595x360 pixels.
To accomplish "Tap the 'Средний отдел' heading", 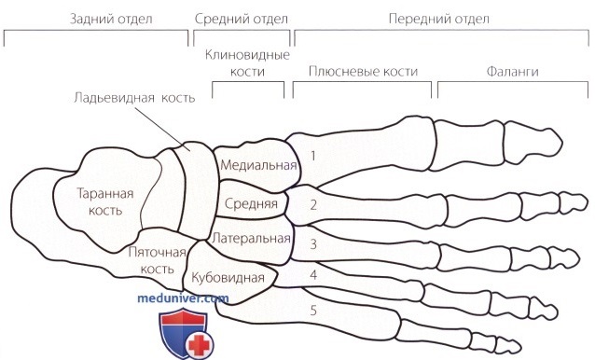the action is tap(242, 18).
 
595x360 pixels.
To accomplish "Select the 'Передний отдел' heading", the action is tap(438, 18).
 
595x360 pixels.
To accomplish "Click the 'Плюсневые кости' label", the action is tap(363, 71).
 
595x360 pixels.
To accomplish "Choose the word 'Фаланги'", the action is tap(512, 71).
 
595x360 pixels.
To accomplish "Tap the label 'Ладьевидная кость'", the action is tap(136, 98).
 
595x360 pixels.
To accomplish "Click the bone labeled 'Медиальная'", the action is tap(258, 166).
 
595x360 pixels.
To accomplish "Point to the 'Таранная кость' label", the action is tap(103, 203).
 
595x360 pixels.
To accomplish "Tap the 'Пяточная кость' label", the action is tap(150, 260).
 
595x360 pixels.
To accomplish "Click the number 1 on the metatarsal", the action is tap(313, 155).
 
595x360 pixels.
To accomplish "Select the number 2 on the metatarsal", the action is tap(313, 203).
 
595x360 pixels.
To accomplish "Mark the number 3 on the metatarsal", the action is tap(313, 244).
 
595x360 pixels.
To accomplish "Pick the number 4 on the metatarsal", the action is tap(313, 275).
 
